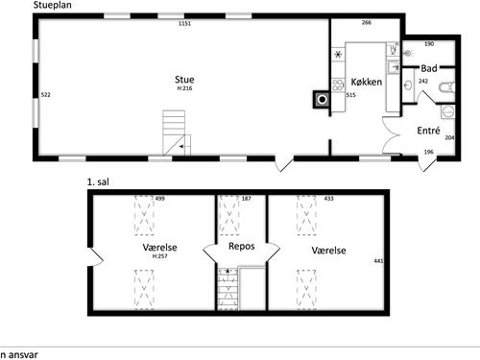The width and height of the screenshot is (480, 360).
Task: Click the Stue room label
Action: (184, 80)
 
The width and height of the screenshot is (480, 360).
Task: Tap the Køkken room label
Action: (367, 82)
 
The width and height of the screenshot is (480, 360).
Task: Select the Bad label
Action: (429, 68)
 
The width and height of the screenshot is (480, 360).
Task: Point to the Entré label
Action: (428, 131)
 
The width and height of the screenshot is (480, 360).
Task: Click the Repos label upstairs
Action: (242, 247)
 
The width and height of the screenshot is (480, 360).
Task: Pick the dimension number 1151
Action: (184, 23)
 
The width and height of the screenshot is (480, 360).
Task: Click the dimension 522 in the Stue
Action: (46, 95)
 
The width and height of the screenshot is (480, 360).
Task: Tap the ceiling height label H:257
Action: (159, 256)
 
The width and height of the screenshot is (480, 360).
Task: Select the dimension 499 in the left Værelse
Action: (160, 199)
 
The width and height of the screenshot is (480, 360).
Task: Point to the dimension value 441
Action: (378, 261)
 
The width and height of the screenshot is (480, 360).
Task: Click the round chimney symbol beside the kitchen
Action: (323, 100)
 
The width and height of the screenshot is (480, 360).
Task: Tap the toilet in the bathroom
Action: (447, 87)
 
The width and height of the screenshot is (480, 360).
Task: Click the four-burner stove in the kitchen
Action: (338, 85)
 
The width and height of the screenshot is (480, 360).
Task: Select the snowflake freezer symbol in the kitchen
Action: (338, 55)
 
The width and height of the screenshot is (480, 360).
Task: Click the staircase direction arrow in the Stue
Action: (181, 147)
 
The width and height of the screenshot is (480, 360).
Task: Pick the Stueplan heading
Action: (53, 5)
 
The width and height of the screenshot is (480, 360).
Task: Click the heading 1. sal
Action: (98, 182)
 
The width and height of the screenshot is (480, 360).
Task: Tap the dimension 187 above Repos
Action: (246, 199)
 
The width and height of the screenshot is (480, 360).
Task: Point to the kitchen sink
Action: (393, 67)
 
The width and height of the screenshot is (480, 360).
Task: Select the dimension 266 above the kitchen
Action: (367, 22)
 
